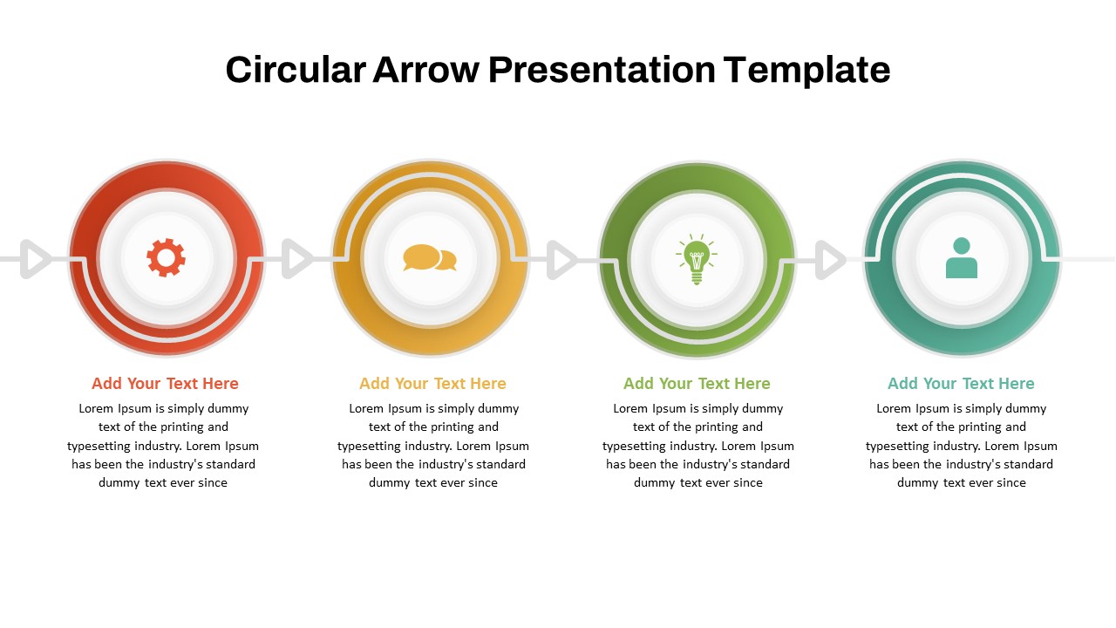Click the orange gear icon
[x=166, y=258]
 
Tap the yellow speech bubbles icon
[x=429, y=258]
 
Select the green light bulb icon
[x=696, y=259]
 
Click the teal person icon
[x=961, y=258]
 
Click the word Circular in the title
[x=295, y=70]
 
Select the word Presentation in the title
[x=602, y=70]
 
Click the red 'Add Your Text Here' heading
[x=165, y=384]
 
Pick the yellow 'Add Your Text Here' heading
[x=432, y=384]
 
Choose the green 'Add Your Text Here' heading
[x=697, y=384]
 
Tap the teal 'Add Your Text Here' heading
[x=961, y=384]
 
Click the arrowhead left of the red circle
[x=35, y=259]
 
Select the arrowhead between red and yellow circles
[x=297, y=259]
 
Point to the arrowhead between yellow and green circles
[x=562, y=259]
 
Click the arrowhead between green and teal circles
[x=830, y=259]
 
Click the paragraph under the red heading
[x=163, y=446]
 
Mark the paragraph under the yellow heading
[x=433, y=446]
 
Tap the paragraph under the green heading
[x=697, y=446]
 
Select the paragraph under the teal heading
[x=961, y=446]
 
